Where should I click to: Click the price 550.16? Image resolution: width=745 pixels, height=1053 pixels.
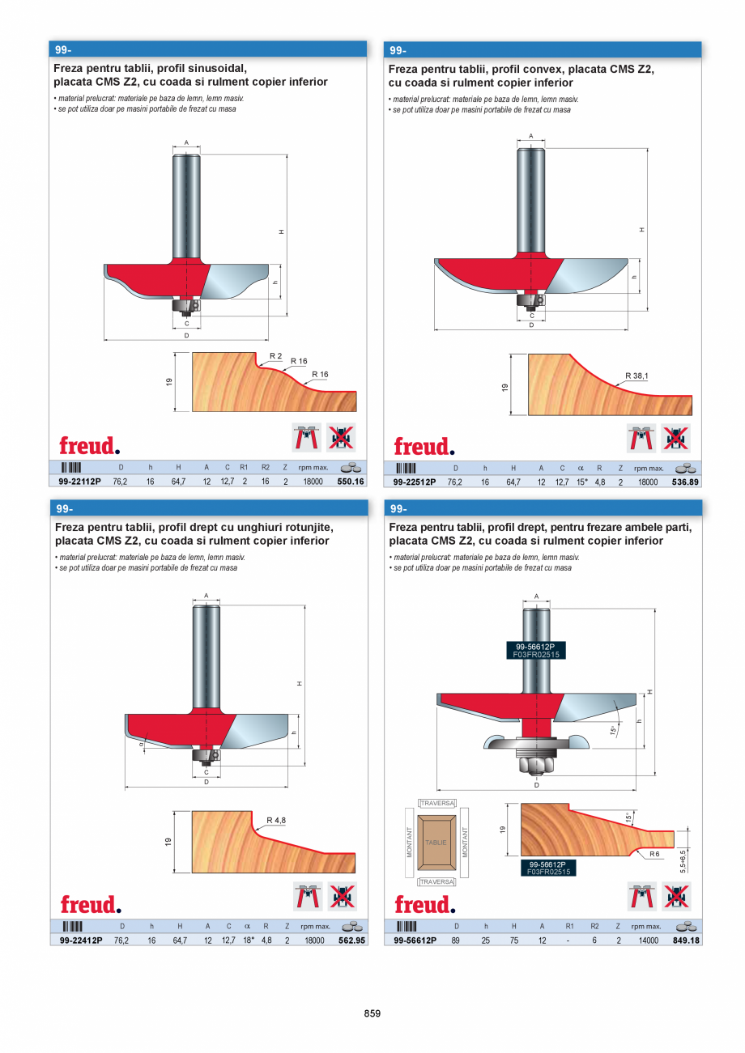coord(351,481)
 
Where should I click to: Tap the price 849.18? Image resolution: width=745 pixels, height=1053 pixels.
coord(686,940)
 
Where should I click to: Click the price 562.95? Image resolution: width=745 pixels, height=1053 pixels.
coord(351,940)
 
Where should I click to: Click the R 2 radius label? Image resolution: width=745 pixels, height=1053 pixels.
coord(275,356)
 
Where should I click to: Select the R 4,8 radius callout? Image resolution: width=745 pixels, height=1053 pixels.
coord(276,821)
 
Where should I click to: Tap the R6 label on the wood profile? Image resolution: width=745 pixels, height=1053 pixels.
coord(653,854)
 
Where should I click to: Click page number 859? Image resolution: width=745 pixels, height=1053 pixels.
coord(372,1013)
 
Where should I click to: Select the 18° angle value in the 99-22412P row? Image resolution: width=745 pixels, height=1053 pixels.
coord(248,940)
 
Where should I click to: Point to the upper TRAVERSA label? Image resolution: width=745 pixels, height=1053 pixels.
coord(436,803)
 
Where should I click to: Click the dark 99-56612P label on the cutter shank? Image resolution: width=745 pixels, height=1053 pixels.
coord(534,647)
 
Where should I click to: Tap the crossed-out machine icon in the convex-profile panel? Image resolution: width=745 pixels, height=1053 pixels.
coord(675,438)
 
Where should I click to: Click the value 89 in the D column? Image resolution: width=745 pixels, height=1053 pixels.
coord(457,940)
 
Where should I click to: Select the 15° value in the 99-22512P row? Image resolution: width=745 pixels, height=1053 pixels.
coord(581,481)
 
